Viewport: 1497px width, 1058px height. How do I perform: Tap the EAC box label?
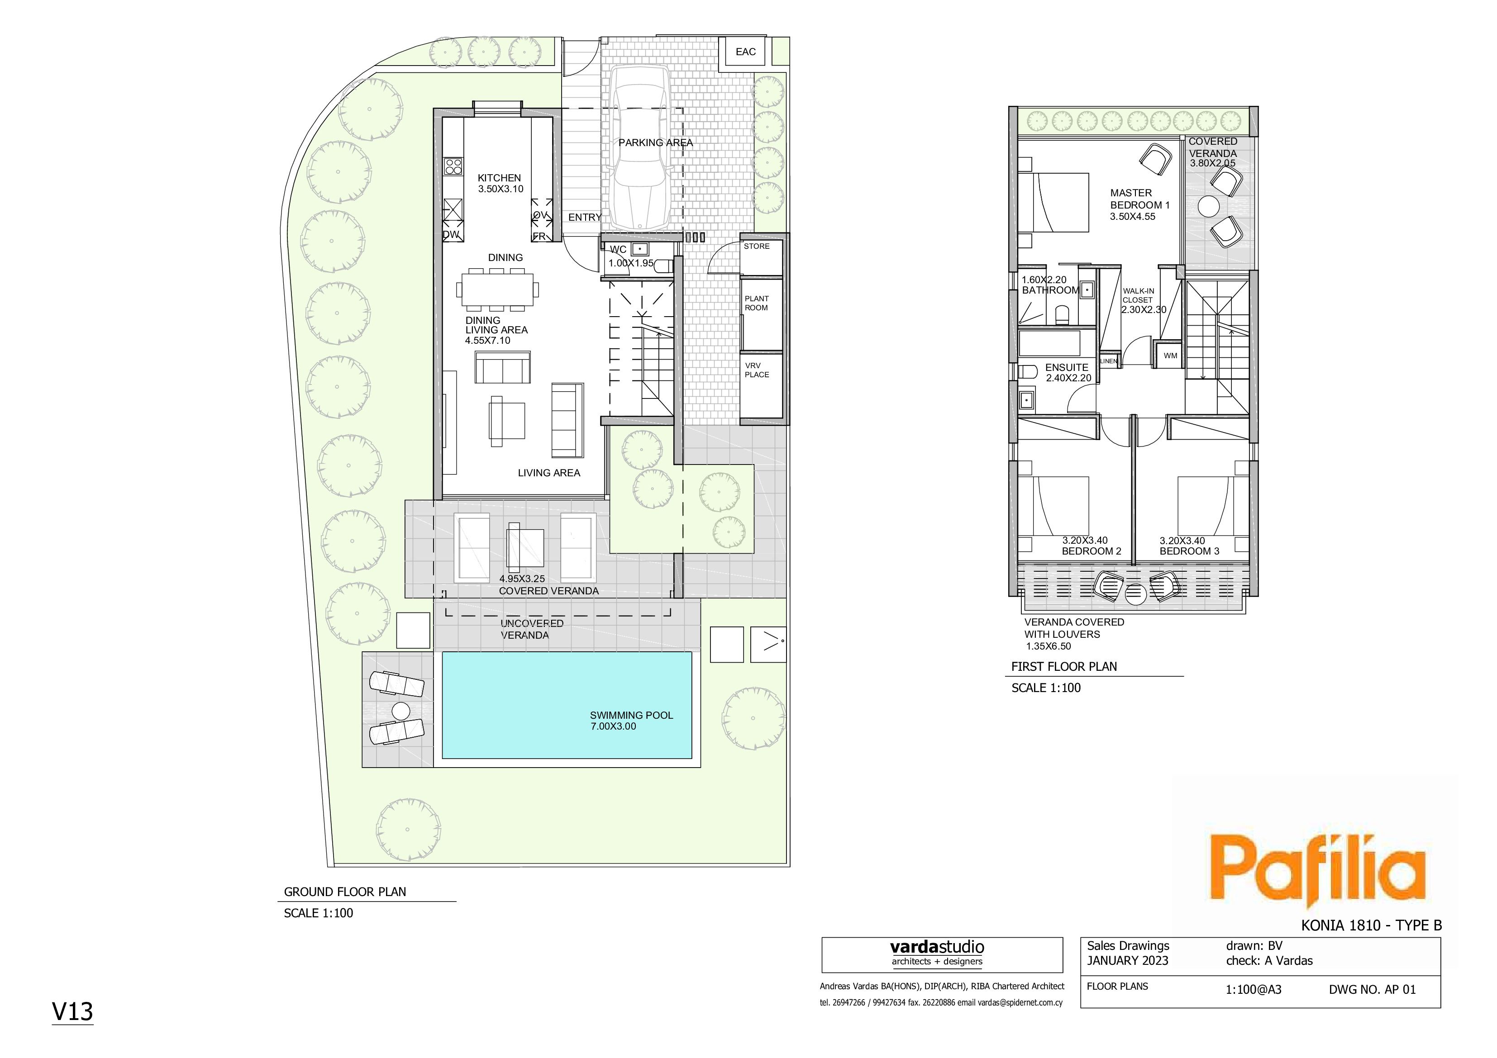[x=745, y=52]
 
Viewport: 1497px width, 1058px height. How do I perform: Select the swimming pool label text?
[x=631, y=720]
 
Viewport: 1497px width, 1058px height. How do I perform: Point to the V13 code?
[x=72, y=1011]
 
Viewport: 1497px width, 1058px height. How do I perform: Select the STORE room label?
[x=756, y=247]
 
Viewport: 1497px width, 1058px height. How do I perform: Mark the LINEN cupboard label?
[x=1108, y=361]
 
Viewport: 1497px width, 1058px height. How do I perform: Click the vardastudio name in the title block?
[x=937, y=947]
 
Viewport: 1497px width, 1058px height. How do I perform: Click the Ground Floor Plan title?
[x=345, y=892]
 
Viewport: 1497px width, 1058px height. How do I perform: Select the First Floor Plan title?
[x=1064, y=666]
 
